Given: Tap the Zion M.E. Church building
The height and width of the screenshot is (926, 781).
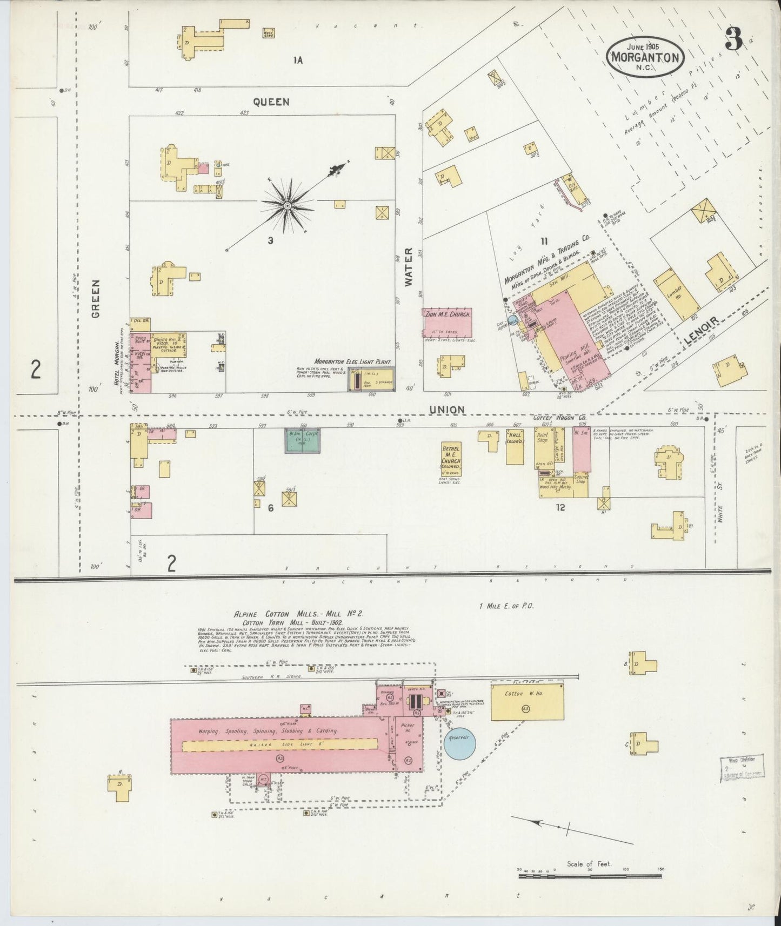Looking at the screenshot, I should pyautogui.click(x=447, y=323).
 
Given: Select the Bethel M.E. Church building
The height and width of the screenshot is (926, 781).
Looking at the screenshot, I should pyautogui.click(x=451, y=459).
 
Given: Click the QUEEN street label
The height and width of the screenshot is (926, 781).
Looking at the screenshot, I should pyautogui.click(x=271, y=102).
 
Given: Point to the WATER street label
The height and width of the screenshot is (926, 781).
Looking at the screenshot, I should pyautogui.click(x=408, y=267).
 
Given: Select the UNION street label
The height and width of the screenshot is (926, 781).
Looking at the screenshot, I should pyautogui.click(x=446, y=410).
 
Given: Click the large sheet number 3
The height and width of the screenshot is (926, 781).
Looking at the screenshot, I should pyautogui.click(x=734, y=39).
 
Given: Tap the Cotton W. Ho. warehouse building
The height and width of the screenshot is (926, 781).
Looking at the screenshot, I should pyautogui.click(x=527, y=701).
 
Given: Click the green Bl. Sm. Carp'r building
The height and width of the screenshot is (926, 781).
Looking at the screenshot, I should pyautogui.click(x=302, y=440).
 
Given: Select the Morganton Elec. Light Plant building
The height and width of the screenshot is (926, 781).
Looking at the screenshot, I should pyautogui.click(x=371, y=379).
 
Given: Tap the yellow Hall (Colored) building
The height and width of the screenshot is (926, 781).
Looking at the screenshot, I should pyautogui.click(x=515, y=446).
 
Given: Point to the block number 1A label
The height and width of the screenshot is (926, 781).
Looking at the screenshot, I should pyautogui.click(x=297, y=60).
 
